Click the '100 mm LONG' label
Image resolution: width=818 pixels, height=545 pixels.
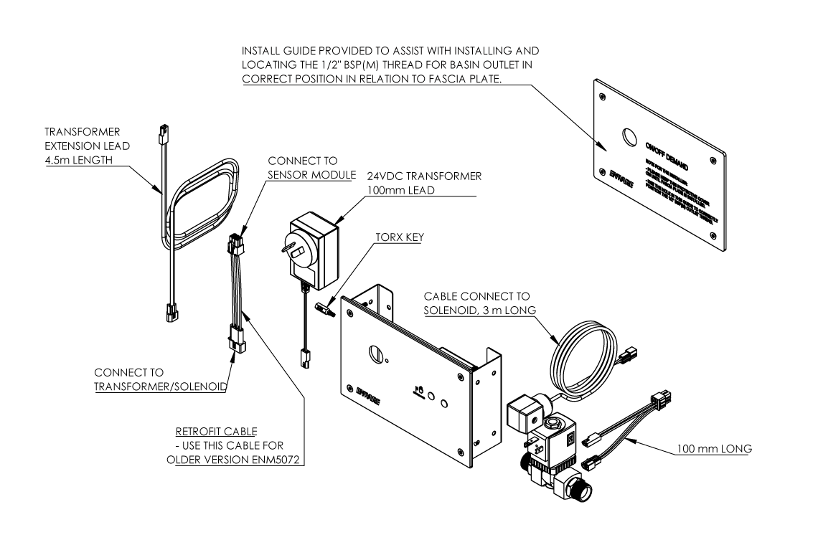click(715, 449)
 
